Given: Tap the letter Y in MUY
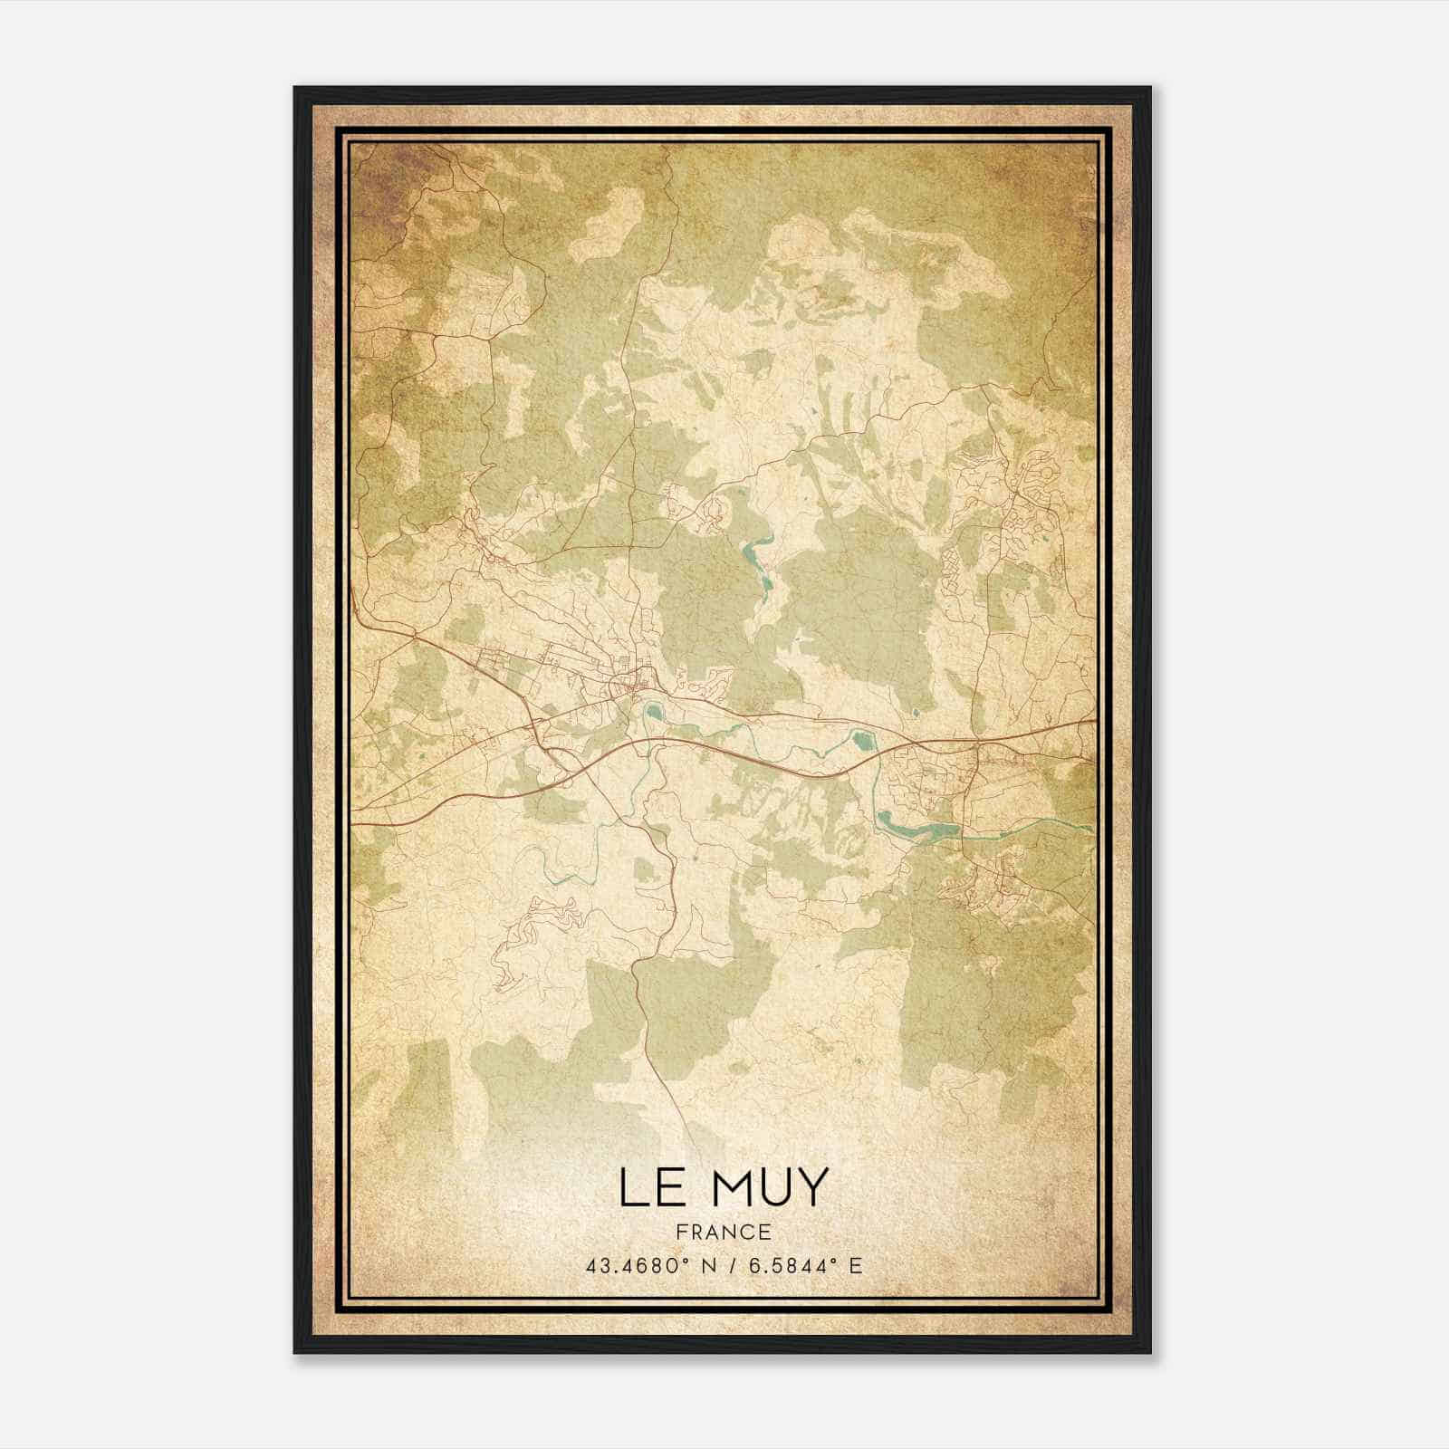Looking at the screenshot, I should pos(811,1187).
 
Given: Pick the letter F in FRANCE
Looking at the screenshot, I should pos(680,1232).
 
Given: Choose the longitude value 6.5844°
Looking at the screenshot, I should pos(787,1265).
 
